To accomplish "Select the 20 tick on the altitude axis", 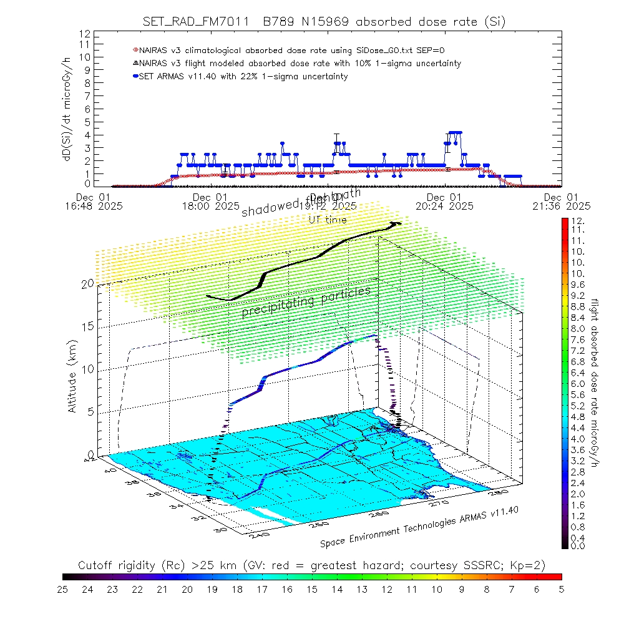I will (87, 283).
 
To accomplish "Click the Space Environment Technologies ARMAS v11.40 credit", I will (419, 527).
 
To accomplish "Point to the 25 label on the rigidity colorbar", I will (63, 588).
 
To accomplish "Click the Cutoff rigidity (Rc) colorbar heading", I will (312, 565).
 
